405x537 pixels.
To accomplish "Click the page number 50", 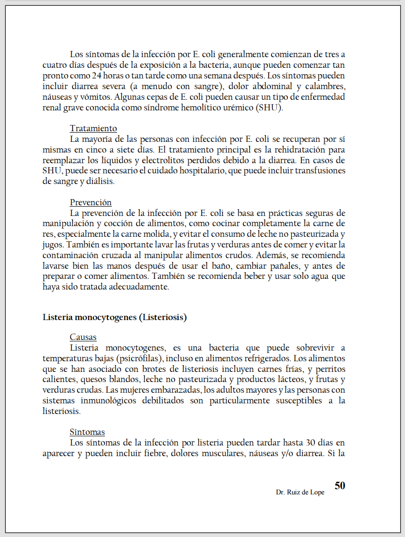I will point(340,486).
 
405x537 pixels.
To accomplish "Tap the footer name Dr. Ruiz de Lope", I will point(300,492).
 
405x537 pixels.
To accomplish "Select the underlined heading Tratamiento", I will point(93,128).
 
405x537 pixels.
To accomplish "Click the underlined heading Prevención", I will point(90,202).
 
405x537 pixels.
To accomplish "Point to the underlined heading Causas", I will point(83,337).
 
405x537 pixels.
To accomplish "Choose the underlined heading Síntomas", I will point(87,432).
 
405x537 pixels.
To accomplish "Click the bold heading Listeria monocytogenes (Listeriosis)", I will point(115,318).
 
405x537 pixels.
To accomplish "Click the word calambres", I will point(326,86).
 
